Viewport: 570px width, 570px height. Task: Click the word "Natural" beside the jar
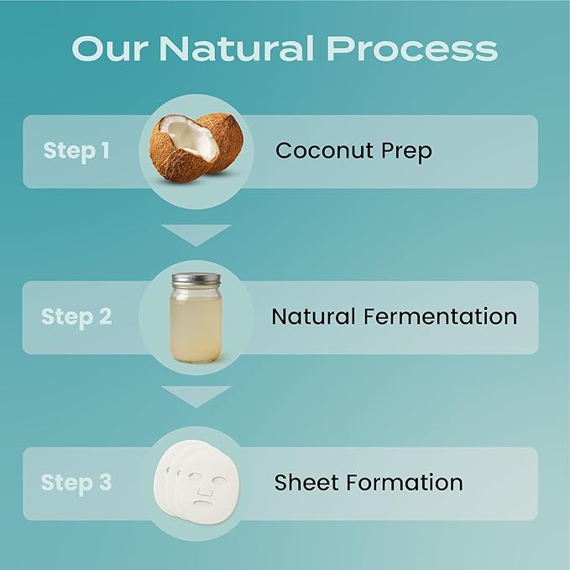[313, 316]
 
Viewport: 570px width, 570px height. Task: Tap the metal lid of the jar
[196, 280]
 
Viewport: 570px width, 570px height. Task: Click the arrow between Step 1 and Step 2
[196, 234]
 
